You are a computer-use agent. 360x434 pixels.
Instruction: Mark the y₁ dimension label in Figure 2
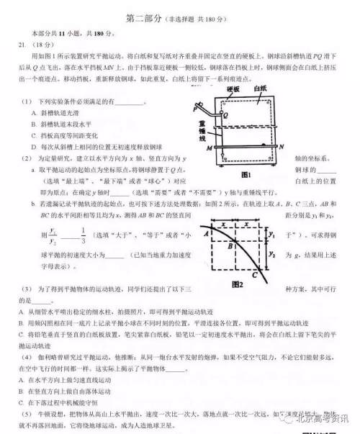tap(271, 234)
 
